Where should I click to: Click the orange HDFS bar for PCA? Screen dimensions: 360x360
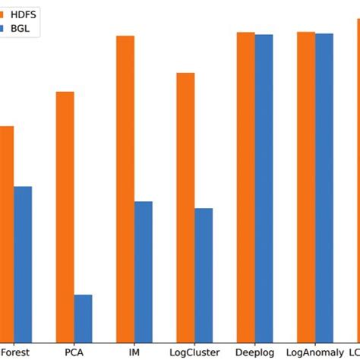[65, 216]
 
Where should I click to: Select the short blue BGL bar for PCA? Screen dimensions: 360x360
[83, 318]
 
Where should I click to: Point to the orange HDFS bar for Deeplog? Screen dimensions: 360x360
[245, 187]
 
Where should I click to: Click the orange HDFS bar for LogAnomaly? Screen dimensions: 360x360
[306, 187]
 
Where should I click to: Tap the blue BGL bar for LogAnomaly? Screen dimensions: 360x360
[324, 188]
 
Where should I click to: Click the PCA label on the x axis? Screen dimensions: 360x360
[74, 352]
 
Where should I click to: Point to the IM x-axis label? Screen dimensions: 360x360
[134, 352]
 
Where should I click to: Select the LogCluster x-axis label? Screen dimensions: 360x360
[194, 352]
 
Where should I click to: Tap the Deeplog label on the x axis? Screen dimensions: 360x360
[254, 352]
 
